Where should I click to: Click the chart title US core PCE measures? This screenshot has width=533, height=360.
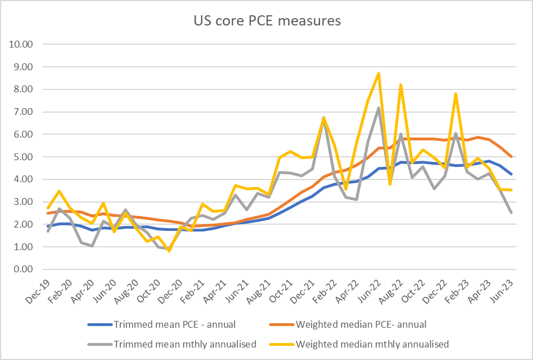tap(266, 22)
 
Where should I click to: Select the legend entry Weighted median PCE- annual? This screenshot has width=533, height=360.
tap(360, 324)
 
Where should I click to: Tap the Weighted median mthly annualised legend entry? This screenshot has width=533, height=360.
tap(372, 344)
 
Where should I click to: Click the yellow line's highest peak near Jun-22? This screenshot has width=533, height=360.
tap(378, 73)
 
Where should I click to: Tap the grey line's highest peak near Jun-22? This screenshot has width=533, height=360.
tap(378, 108)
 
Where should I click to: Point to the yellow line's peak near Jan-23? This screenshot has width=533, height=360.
tap(455, 93)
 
